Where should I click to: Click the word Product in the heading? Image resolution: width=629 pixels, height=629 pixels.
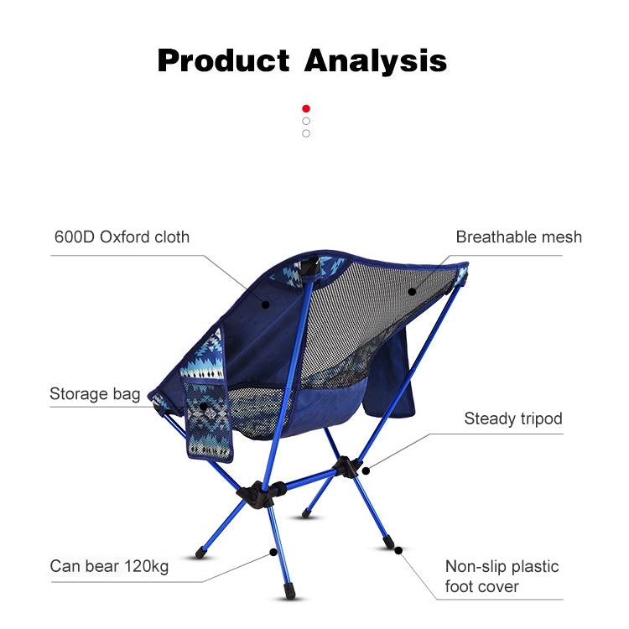222,60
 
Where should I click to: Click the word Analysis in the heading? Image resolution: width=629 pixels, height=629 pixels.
375,60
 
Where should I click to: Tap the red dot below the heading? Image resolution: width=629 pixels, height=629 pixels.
306,108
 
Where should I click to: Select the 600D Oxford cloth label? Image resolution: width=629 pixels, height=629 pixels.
122,237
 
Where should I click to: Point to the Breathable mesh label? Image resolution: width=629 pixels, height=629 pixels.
518,237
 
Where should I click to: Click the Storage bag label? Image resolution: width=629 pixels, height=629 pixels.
95,393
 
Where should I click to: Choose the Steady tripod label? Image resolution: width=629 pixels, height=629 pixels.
513,418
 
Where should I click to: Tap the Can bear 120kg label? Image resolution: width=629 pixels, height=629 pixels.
109,566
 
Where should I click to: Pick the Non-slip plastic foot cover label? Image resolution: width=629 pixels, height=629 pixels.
502,576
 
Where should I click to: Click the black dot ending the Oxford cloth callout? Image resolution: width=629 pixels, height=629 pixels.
265,304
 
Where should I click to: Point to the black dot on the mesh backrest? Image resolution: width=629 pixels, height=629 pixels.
413,292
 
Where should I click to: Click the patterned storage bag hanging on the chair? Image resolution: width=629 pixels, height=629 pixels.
205,419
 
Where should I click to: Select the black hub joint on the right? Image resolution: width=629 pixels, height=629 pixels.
345,466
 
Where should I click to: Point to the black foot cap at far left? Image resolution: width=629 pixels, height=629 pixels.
201,553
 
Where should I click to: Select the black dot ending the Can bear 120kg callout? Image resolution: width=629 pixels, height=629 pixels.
273,552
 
